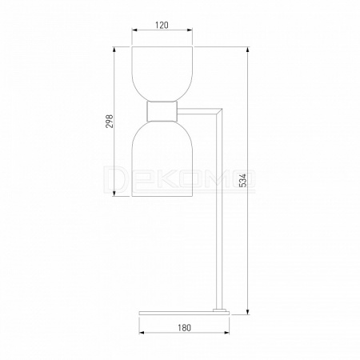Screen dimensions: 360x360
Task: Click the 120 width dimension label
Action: tap(162, 26)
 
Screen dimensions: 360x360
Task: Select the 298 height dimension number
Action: tap(110, 122)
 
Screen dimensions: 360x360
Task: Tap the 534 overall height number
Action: tap(243, 180)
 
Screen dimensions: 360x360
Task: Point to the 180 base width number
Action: tap(185, 327)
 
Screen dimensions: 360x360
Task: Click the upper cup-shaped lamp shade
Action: tap(162, 74)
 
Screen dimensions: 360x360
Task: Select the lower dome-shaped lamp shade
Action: tap(162, 158)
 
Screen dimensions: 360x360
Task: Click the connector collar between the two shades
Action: tap(162, 111)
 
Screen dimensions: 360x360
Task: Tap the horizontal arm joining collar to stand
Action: tap(198, 111)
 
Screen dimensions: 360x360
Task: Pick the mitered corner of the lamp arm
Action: tap(219, 111)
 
